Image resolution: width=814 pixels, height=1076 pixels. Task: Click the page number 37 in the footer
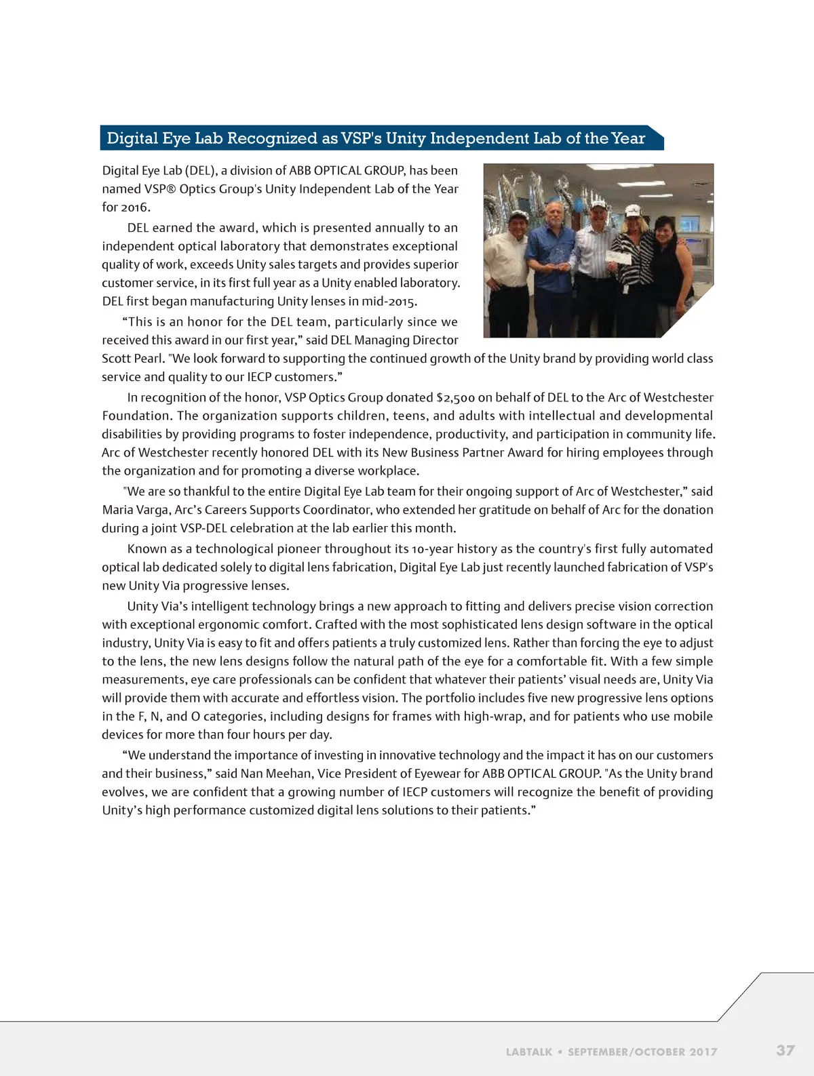click(x=785, y=1050)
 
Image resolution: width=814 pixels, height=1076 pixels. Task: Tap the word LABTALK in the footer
click(x=528, y=1052)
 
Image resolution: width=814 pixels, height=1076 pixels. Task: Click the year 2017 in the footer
click(x=703, y=1052)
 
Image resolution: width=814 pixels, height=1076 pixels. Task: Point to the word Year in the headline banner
click(x=627, y=138)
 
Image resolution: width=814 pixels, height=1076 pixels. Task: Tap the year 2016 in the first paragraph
click(x=134, y=207)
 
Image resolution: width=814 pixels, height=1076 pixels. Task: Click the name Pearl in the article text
click(x=147, y=359)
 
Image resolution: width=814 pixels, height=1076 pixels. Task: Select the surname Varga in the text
click(x=155, y=510)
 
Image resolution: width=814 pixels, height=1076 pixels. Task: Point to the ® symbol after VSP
click(x=171, y=189)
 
